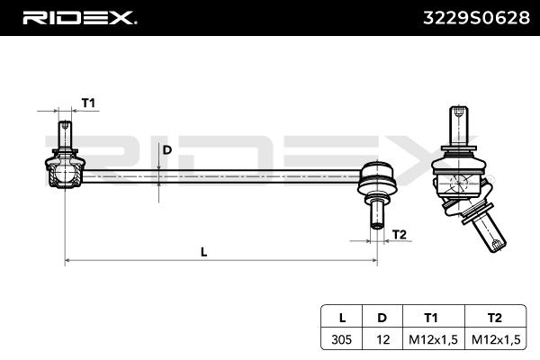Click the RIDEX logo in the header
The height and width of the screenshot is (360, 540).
[78, 17]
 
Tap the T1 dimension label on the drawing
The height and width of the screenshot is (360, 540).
[88, 103]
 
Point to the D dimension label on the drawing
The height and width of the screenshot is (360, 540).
[167, 150]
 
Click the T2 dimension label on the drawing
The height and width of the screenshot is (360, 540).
[400, 234]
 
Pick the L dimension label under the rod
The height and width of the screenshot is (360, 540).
[204, 252]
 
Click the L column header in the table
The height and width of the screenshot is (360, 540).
[342, 318]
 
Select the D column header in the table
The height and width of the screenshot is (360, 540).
[382, 318]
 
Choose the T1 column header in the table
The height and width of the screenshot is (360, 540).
[431, 318]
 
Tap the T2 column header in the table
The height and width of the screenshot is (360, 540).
[494, 318]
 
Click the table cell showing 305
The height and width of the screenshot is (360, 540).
[342, 339]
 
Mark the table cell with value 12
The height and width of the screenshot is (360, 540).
[382, 339]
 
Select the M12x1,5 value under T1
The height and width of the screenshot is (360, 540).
[431, 339]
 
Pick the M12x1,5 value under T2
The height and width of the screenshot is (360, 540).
[494, 339]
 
